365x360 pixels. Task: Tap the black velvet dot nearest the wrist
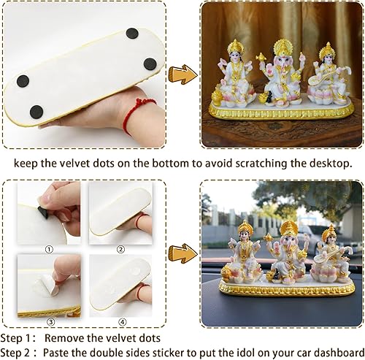pos(36,111)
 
